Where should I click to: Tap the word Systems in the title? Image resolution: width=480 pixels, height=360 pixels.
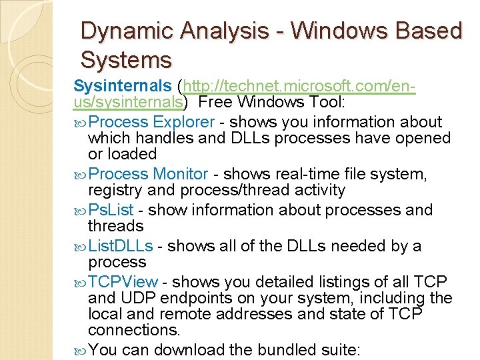coord(126,61)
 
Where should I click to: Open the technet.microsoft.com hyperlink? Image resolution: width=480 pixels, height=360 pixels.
coord(298,87)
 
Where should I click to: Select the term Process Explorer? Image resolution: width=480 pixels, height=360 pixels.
coord(151,122)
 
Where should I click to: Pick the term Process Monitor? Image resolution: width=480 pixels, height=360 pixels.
coord(148,174)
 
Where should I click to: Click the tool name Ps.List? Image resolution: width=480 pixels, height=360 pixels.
coord(111,210)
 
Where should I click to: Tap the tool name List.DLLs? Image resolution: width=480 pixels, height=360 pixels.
coord(120,246)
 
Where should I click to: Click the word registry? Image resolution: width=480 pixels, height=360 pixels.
coord(113,190)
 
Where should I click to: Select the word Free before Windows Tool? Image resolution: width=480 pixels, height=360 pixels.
coord(214,103)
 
